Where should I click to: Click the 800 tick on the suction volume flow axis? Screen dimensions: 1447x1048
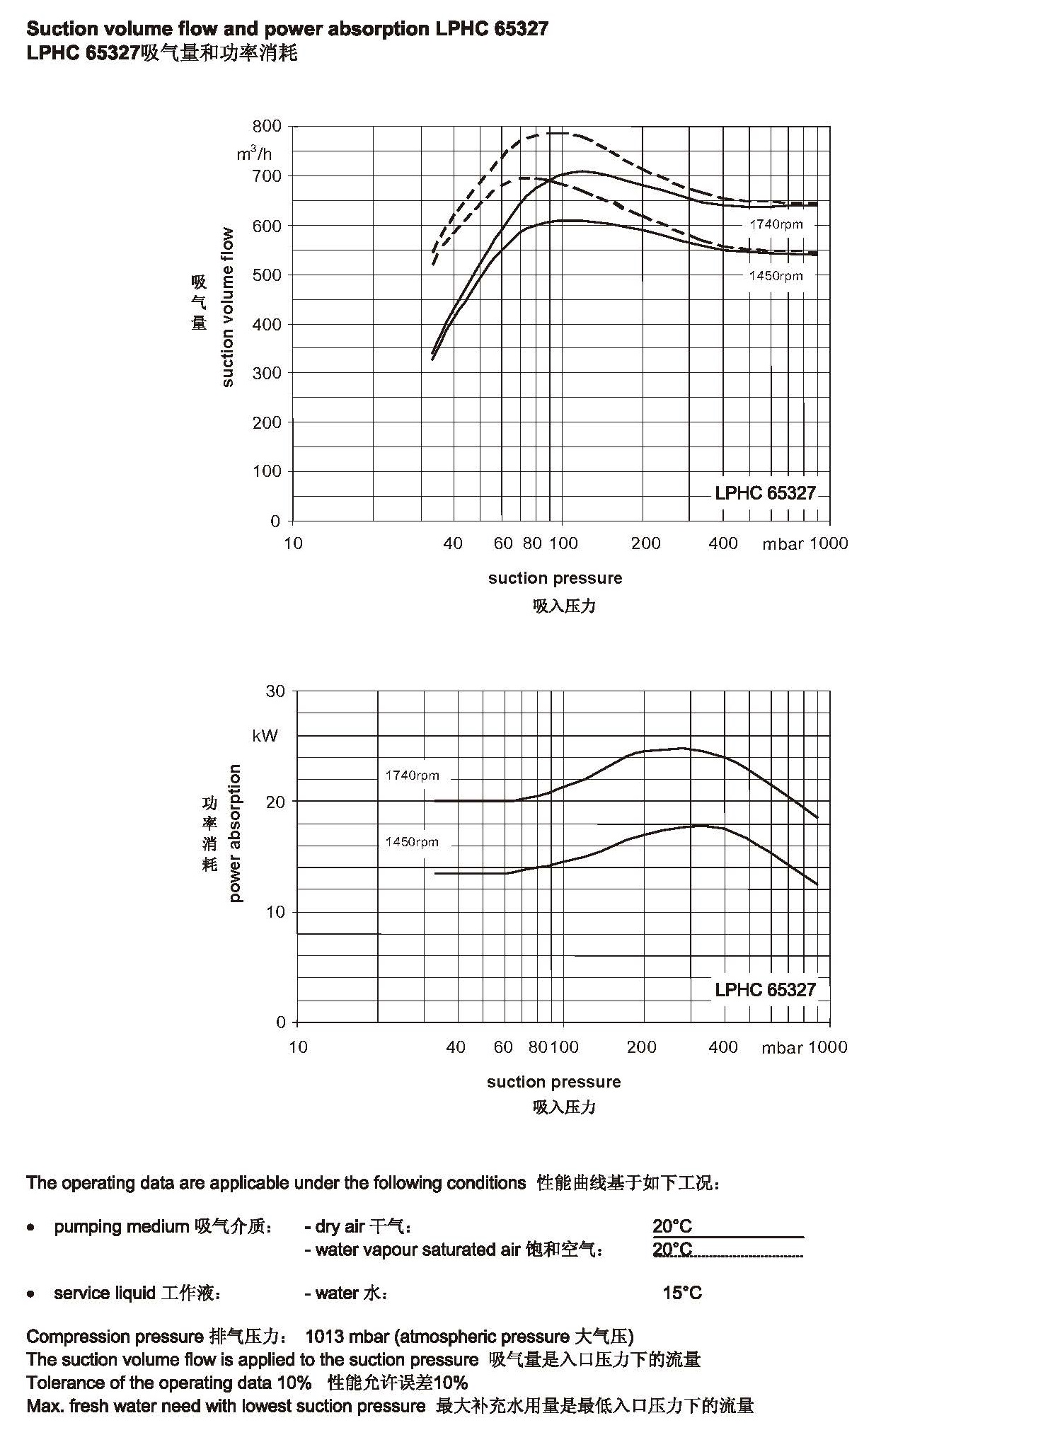point(267,126)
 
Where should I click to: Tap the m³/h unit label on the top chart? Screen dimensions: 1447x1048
point(254,153)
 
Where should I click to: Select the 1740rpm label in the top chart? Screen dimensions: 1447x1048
point(776,224)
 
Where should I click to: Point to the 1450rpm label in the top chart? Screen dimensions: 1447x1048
point(776,275)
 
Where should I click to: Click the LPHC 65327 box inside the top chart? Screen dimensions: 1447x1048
point(765,493)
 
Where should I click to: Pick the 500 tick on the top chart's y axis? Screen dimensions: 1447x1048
point(267,275)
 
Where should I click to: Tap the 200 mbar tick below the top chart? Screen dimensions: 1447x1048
point(645,543)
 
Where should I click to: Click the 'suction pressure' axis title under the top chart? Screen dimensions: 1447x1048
point(555,578)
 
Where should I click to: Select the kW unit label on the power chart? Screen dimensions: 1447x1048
point(265,735)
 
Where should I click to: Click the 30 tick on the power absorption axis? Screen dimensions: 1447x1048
point(275,691)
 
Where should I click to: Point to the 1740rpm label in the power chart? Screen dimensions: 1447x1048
point(412,776)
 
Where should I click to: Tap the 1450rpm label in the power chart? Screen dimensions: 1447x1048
point(412,842)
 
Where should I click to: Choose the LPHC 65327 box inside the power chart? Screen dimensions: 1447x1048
point(765,990)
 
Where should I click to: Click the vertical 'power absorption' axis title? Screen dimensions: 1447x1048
point(235,833)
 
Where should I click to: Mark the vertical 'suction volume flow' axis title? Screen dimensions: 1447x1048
point(227,306)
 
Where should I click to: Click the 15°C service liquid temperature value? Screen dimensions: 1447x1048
point(681,1293)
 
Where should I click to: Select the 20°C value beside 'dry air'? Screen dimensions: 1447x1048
point(672,1226)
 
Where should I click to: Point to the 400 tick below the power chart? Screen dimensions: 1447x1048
point(722,1047)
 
